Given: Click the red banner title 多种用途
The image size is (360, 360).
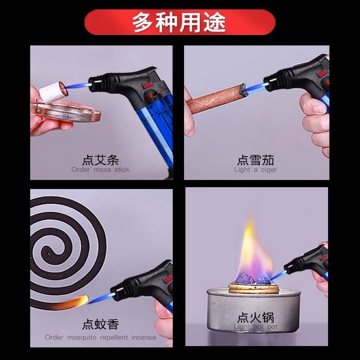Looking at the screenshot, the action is coord(179,22).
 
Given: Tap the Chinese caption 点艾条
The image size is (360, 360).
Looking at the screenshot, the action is coord(100,160).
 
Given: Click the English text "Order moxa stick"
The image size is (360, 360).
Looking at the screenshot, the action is coord(100,170).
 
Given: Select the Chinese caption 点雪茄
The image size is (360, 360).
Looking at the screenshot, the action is coord(256,160).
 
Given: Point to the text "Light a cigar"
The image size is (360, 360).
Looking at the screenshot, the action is coord(256,170).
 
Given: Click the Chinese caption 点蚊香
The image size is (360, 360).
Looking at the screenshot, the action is coord(100,324).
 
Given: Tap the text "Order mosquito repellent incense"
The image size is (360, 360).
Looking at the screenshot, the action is coord(100,337).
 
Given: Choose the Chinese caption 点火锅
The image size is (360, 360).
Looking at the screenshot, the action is coord(256,318).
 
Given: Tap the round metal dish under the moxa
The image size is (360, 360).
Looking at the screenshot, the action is coord(67,112).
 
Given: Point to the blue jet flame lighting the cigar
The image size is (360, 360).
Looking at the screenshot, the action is coord(254,88).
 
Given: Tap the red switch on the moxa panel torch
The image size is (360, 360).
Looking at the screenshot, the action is coord(147,85).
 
